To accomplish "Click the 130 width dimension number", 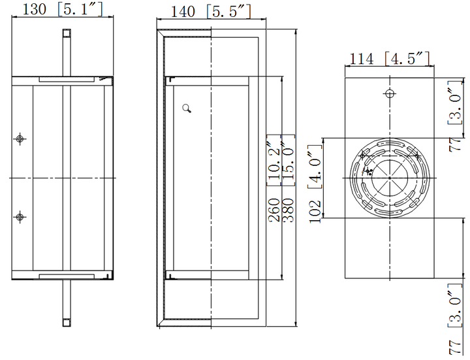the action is tap(35, 9).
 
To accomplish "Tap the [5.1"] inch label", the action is tap(80, 9).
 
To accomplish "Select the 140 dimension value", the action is tap(183, 12).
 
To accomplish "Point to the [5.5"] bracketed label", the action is tap(228, 12).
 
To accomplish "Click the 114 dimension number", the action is tap(362, 59).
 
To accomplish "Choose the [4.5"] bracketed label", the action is tap(407, 59).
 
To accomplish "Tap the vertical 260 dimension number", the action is tap(274, 210).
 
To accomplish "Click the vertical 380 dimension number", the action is tap(289, 210).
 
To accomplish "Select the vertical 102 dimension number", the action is tap(315, 212).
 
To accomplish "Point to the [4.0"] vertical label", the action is tap(315, 167).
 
